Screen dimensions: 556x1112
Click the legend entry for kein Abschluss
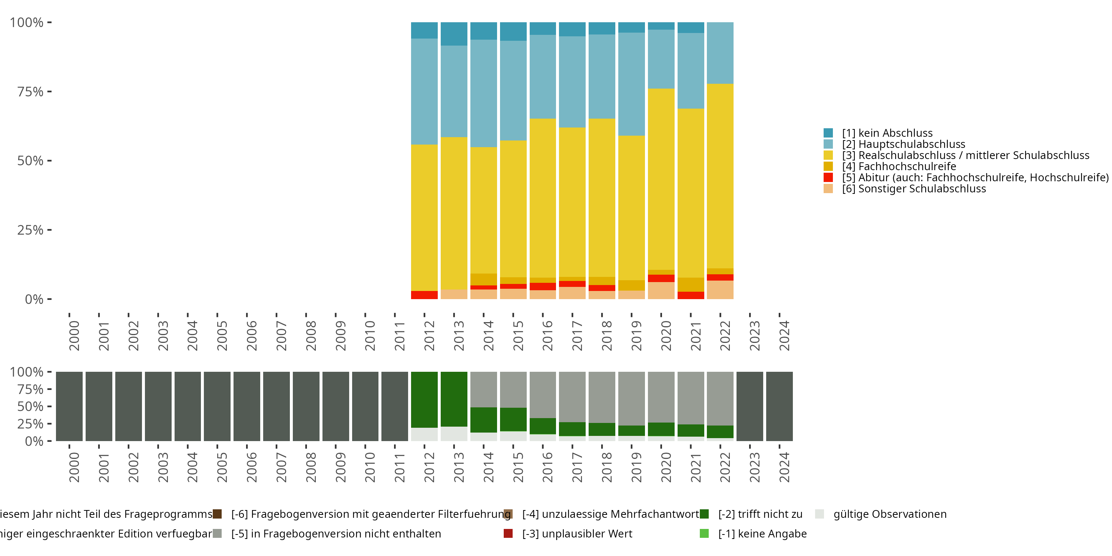[887, 133]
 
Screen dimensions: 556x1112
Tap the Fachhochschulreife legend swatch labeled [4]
[828, 166]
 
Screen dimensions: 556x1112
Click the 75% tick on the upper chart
[30, 92]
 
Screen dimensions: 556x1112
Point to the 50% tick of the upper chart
[30, 160]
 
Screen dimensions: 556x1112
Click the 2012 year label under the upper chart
[429, 335]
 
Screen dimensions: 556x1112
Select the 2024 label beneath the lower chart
[784, 467]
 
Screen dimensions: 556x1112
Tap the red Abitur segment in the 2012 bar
[424, 295]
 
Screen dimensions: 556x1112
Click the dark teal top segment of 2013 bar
[454, 34]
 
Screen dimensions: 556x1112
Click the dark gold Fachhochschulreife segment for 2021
[691, 284]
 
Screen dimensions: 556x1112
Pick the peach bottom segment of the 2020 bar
[661, 290]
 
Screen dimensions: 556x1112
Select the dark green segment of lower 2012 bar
[424, 399]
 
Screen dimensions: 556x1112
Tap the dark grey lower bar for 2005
[217, 406]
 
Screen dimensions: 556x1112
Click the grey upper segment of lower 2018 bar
[602, 397]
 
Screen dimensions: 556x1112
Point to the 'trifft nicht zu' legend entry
[760, 514]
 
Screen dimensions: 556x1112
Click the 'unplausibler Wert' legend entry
[577, 533]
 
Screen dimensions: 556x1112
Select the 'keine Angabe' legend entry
[762, 533]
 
